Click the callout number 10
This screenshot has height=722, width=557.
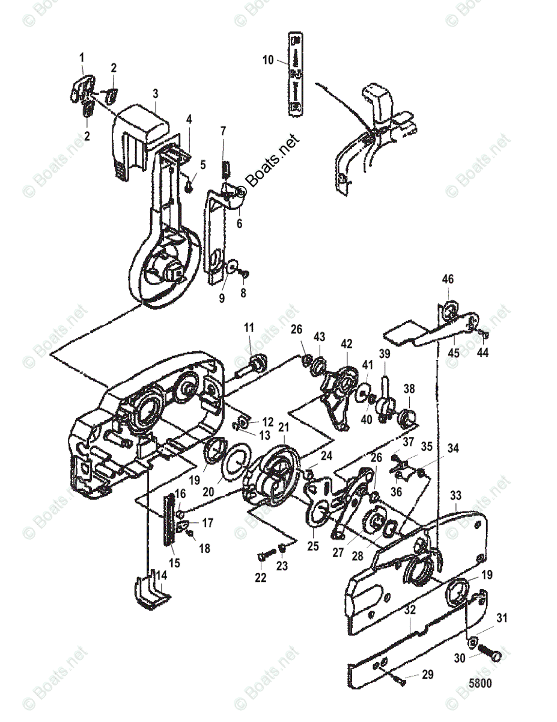(x=268, y=60)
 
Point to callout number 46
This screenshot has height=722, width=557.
(x=448, y=279)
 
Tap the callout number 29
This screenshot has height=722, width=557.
(x=427, y=675)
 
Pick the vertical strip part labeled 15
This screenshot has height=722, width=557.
(x=170, y=517)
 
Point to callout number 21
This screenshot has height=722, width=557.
(x=283, y=427)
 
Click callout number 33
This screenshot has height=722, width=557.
(x=456, y=496)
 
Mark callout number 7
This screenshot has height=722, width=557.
(x=223, y=131)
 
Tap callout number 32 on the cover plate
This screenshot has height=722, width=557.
(x=410, y=609)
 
